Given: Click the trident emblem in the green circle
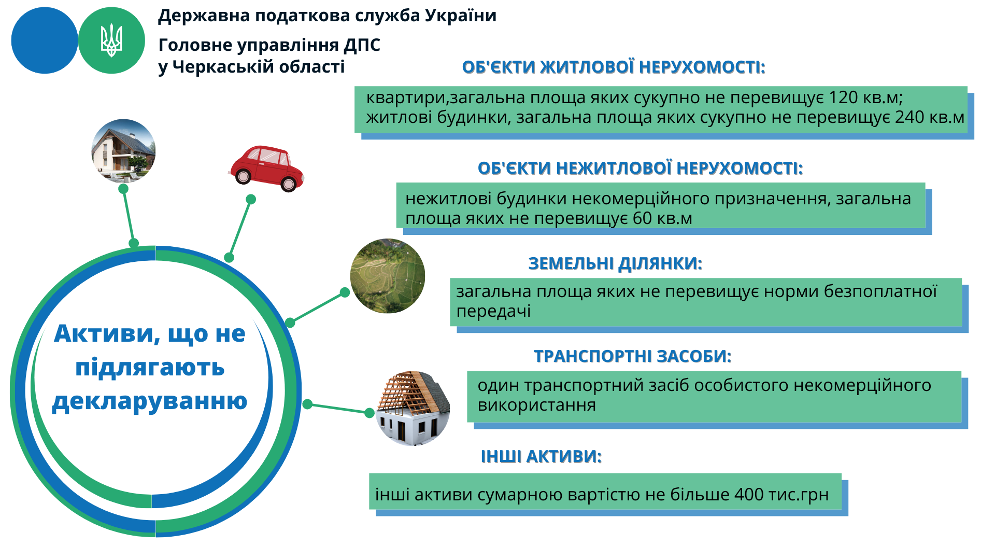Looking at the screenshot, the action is tap(111, 40).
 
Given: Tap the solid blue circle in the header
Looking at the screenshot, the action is tap(45, 40).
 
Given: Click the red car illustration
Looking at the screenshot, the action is tap(266, 169).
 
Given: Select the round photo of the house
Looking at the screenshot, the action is tap(123, 151).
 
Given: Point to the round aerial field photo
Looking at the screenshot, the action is tap(388, 276).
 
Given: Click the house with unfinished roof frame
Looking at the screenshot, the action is tap(413, 409).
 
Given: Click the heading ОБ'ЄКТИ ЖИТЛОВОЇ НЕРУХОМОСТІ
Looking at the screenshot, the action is tap(614, 67).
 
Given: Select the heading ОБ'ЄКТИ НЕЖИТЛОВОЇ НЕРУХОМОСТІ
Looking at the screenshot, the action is tap(640, 168).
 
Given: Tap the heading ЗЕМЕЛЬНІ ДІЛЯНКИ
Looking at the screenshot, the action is tap(615, 263).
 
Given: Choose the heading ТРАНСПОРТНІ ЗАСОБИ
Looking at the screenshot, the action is tap(633, 356).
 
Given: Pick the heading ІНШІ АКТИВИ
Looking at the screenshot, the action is tap(541, 456).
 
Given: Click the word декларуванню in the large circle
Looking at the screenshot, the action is tap(150, 401).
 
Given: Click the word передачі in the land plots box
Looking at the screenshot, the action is tap(493, 312).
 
